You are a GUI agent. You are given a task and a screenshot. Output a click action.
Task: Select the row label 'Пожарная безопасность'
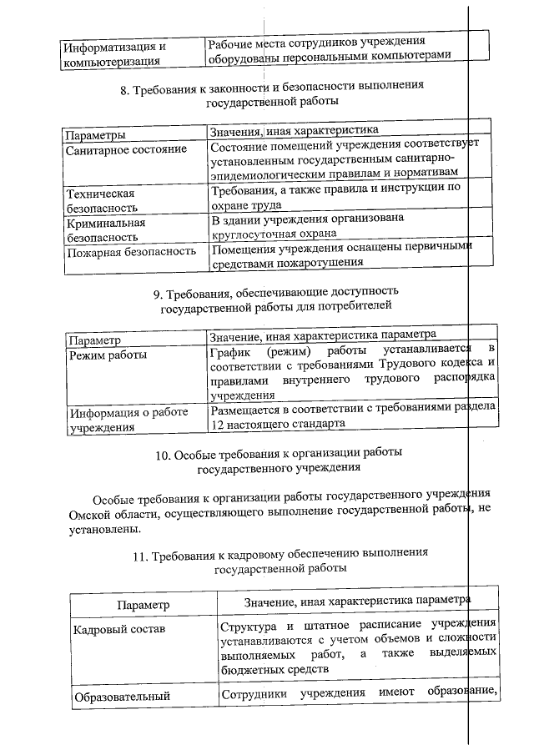[x=131, y=251]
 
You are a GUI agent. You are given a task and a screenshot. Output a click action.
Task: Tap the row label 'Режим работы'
[x=108, y=355]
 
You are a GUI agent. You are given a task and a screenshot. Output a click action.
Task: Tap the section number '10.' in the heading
[x=164, y=454]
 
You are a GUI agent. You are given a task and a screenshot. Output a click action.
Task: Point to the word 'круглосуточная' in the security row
[x=254, y=234]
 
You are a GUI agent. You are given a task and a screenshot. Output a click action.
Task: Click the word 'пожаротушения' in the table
[x=322, y=263]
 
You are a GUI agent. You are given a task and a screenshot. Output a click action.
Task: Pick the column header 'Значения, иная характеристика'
[x=295, y=130]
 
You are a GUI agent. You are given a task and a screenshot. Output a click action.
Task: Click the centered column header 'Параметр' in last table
[x=143, y=603]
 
